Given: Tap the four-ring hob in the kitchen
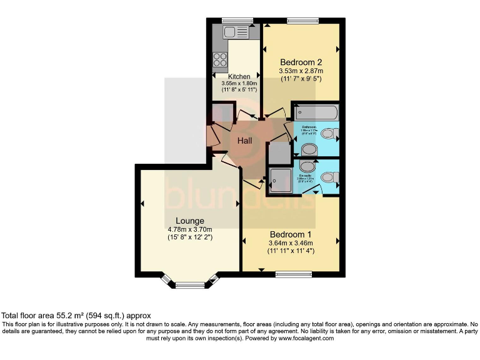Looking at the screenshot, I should tap(220, 60).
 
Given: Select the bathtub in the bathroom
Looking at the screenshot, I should tap(316, 114).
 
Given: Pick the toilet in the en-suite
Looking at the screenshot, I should tap(307, 166).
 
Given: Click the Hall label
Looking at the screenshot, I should tap(244, 141).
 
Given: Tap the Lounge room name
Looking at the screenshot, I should tap(190, 221).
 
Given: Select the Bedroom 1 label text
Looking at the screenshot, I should tap(291, 234).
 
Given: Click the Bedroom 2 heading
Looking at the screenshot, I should tap(301, 62).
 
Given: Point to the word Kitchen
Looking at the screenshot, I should tap(239, 77).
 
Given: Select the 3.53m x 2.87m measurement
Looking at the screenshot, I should tap(301, 72).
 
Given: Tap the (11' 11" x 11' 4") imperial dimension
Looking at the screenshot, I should tap(291, 251).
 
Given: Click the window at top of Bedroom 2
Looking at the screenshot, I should tap(302, 21).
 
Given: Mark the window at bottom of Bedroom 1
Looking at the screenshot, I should tap(293, 274).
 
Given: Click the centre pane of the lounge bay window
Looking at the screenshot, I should tap(190, 285).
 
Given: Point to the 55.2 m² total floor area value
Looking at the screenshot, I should tap(68, 316).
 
